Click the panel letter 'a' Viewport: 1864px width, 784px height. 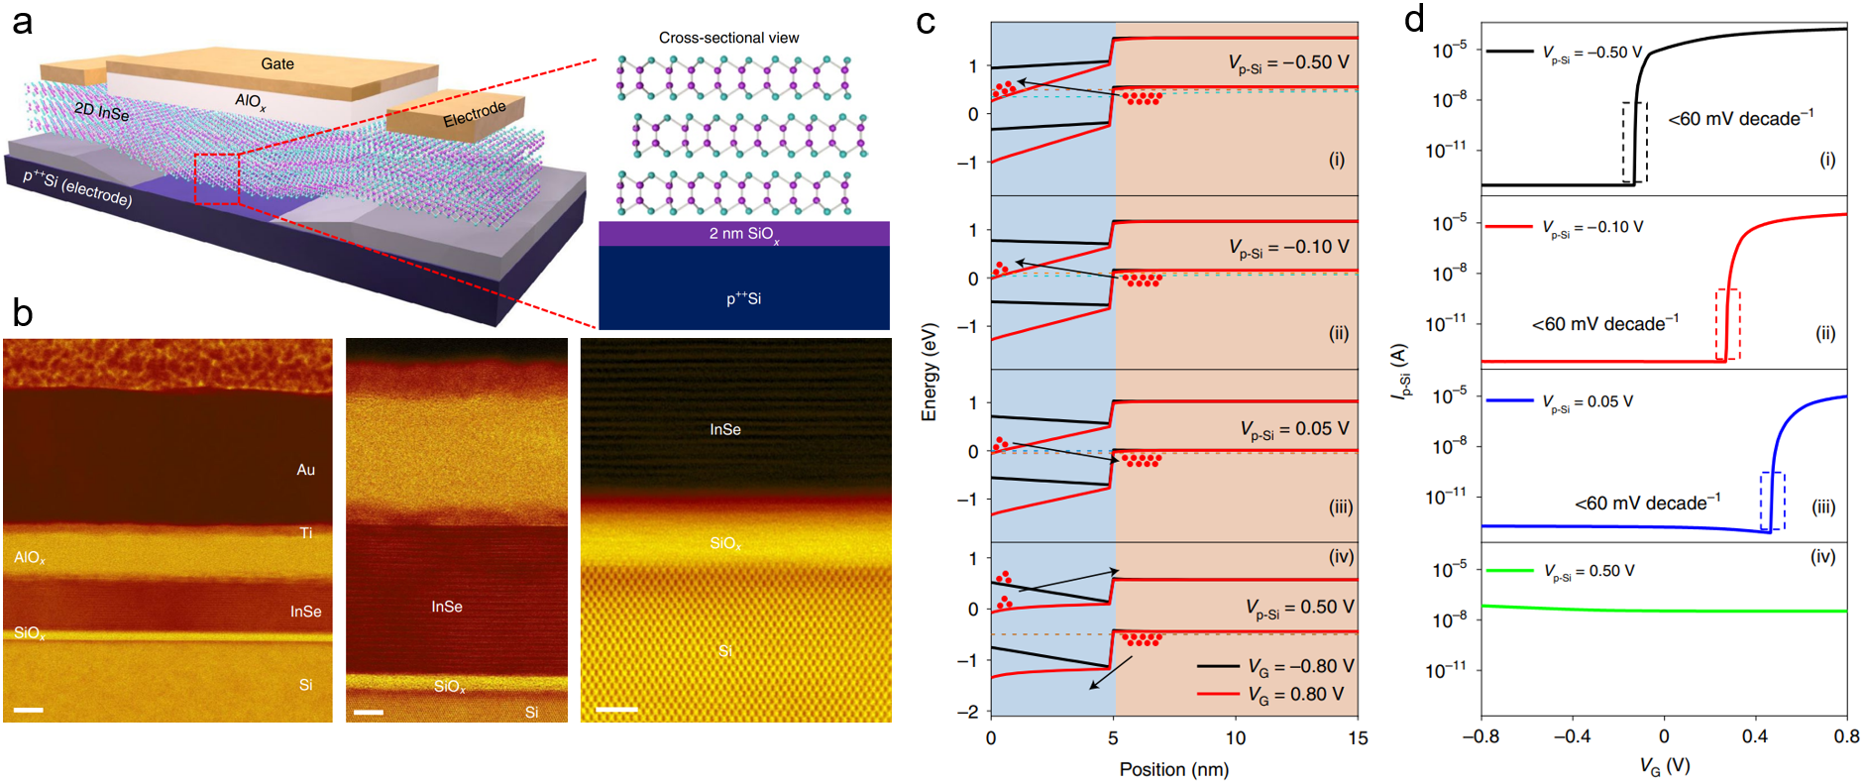[22, 20]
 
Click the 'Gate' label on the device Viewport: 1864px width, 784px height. [277, 63]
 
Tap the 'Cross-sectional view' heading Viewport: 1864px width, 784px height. [728, 38]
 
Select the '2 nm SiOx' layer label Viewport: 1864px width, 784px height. [743, 234]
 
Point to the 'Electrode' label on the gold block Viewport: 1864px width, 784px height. [474, 114]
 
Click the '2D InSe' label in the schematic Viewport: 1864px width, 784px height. [102, 111]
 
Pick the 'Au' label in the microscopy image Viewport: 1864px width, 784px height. [305, 470]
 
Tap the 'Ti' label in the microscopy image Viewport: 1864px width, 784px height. [306, 533]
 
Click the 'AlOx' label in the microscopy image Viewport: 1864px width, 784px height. [30, 558]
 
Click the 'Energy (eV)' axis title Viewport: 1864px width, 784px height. [929, 372]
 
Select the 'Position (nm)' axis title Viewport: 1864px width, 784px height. [1173, 769]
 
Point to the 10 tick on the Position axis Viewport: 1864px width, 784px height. [1235, 738]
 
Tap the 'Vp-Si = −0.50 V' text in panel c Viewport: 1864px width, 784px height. [1288, 63]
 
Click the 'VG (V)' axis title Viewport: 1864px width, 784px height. [1664, 766]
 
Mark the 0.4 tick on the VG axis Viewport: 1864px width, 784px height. [1754, 736]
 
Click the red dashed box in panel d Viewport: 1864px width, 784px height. [1727, 324]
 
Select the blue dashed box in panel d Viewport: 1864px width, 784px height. [1772, 502]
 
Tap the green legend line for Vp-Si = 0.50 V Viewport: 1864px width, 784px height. [1509, 571]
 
